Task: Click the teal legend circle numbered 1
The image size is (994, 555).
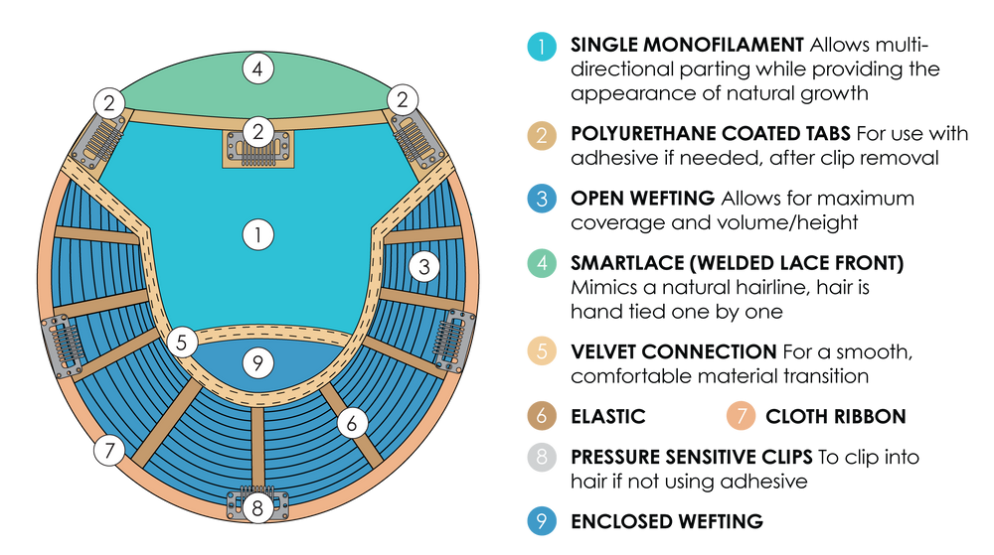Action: (542, 46)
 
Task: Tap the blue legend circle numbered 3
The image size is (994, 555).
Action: (542, 199)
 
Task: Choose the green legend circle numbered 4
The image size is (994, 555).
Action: (542, 263)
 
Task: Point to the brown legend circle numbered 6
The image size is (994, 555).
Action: (542, 415)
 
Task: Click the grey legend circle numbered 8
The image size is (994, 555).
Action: (542, 459)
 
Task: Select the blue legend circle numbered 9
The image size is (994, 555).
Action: (542, 519)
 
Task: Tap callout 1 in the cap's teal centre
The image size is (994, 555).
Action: (257, 234)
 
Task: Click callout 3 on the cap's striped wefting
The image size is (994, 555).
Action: (424, 266)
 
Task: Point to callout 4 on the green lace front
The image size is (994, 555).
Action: (257, 69)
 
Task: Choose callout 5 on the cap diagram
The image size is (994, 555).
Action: (183, 343)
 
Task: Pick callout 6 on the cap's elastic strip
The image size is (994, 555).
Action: (352, 423)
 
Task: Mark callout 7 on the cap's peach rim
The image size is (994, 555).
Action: (109, 450)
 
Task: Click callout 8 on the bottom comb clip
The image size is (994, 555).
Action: (257, 509)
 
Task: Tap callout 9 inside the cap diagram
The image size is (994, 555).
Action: (257, 362)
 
